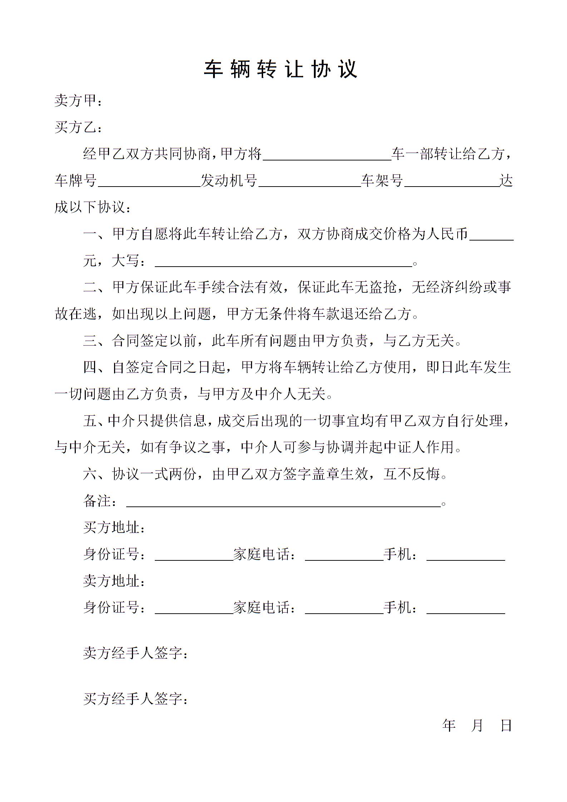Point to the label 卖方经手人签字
point(135,653)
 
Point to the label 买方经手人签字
point(135,698)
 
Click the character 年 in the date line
point(449,726)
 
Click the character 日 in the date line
point(506,726)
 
